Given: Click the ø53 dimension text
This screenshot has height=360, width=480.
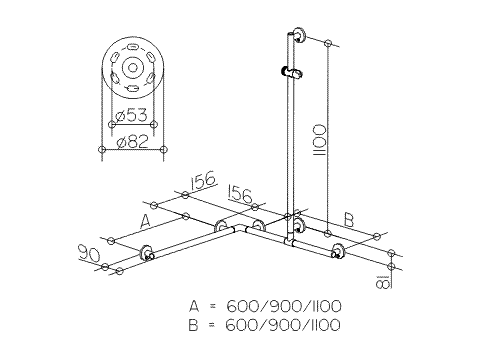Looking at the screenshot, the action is tap(131, 116).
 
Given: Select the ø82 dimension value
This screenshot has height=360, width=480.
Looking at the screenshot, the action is tap(132, 142).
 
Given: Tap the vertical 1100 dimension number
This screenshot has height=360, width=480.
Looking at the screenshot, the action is tap(320, 140).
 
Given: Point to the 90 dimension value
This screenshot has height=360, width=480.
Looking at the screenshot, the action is tap(89, 253).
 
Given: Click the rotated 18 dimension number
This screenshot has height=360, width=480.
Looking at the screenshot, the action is tap(382, 281).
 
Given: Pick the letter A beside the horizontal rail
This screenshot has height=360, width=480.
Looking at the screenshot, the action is tap(144, 221).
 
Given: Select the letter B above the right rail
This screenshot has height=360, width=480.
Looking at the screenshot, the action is tap(349, 220).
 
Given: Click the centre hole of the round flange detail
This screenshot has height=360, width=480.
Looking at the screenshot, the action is tap(133, 68).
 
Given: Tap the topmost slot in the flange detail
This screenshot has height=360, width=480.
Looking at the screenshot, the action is tap(132, 47).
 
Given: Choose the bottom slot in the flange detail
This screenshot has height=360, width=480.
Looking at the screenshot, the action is tap(132, 88).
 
